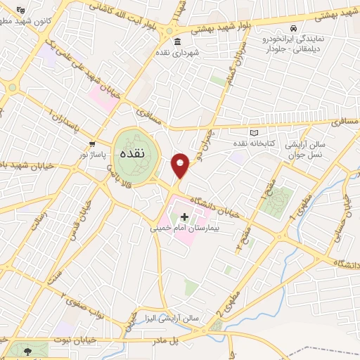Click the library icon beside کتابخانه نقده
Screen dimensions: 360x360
254,133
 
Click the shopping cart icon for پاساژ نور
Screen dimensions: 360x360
92,141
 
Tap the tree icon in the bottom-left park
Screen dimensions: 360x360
27,350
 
